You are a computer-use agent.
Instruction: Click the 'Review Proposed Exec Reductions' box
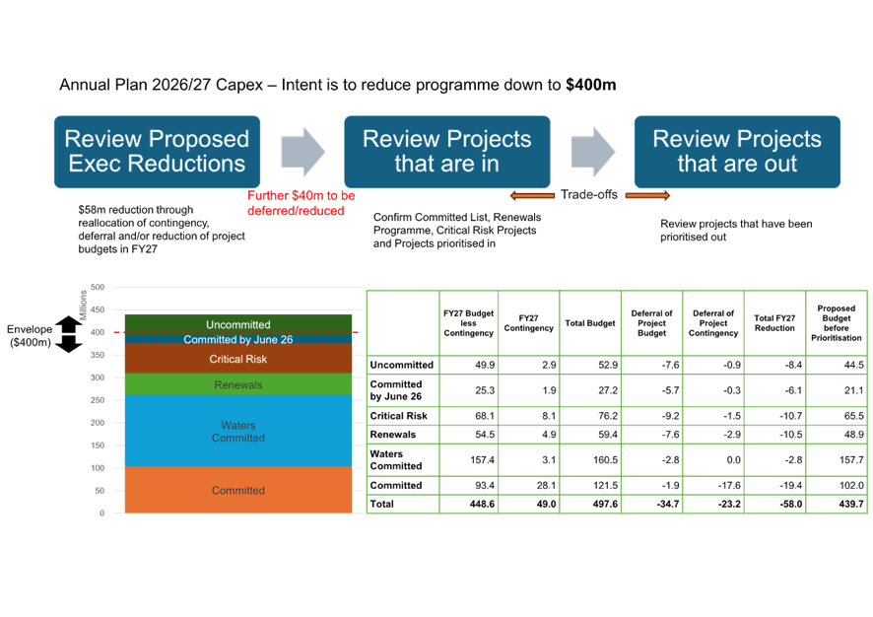click(157, 152)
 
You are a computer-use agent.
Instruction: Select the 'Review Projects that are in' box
click(446, 152)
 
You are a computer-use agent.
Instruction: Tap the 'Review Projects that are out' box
click(736, 152)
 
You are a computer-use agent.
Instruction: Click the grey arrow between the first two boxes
click(302, 152)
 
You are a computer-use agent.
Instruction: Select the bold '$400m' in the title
click(591, 86)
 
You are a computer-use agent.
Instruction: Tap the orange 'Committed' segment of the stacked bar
click(238, 490)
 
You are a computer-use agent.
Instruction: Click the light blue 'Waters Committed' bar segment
click(238, 432)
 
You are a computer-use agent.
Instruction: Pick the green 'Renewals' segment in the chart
click(238, 384)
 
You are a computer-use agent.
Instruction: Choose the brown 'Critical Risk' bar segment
click(238, 359)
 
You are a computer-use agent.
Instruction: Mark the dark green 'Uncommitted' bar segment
click(238, 323)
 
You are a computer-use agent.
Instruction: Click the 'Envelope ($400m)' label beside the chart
click(29, 335)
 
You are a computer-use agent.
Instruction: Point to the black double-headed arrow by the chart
click(68, 335)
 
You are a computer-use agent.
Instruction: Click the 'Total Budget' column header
click(590, 322)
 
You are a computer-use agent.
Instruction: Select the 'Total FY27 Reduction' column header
click(774, 322)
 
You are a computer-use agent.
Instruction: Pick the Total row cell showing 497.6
click(590, 504)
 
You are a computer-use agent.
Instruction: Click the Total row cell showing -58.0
click(774, 504)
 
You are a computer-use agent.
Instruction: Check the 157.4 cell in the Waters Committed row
click(468, 459)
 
